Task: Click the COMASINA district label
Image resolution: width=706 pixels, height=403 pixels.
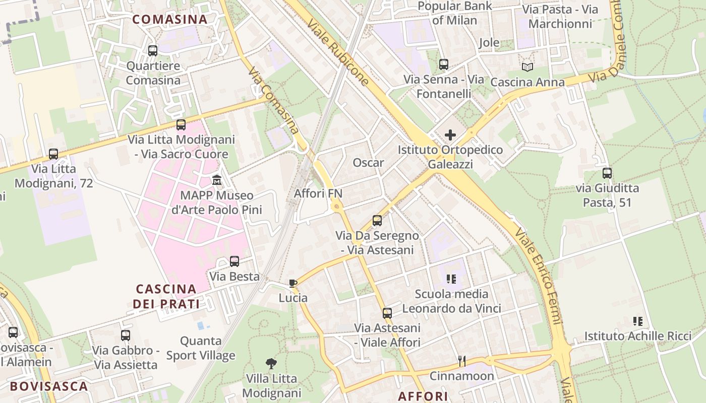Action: (170, 20)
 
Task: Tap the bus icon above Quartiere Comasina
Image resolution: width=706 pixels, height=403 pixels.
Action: (153, 50)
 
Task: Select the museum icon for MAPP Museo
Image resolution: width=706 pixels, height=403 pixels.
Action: (217, 180)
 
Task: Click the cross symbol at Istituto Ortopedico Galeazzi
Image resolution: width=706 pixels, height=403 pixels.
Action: (450, 135)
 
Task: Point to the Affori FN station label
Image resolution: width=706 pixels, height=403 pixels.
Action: (318, 193)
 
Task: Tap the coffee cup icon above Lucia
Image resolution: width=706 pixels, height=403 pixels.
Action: (293, 283)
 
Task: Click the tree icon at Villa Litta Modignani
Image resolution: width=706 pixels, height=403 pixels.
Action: (271, 363)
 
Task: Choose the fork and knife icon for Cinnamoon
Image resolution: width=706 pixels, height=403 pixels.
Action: (461, 361)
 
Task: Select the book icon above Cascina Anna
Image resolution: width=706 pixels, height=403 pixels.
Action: (527, 67)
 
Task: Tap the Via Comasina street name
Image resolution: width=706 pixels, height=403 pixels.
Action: (274, 100)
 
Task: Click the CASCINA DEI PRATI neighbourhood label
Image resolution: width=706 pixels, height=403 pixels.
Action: (166, 296)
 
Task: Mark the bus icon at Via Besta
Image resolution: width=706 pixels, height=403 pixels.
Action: (234, 261)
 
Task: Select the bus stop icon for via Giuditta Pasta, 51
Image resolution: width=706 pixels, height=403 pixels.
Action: (607, 173)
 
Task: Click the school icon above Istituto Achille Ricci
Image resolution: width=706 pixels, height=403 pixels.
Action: (637, 321)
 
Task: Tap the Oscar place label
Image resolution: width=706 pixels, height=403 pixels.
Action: (368, 163)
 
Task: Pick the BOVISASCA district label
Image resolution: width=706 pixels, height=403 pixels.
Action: (49, 386)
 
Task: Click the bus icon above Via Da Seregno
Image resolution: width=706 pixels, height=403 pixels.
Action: (377, 221)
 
